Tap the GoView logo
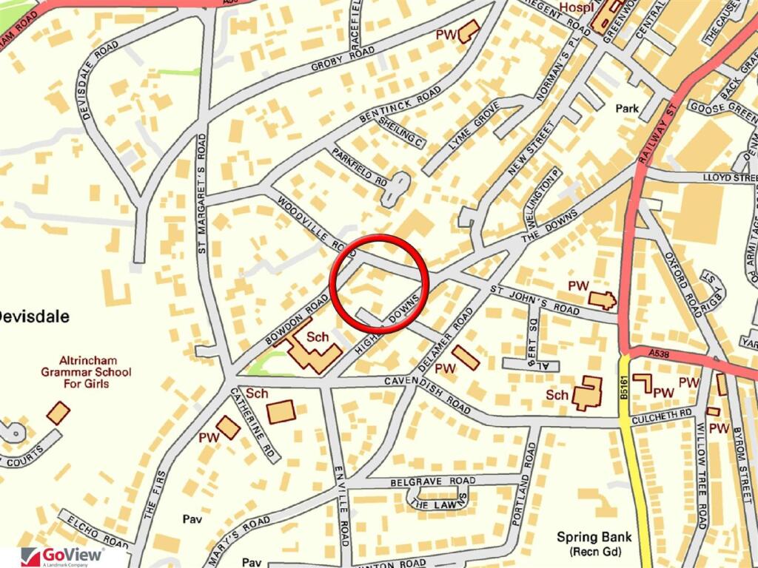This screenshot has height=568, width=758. pos(63,556)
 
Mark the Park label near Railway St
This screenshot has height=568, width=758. pos(627,109)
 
